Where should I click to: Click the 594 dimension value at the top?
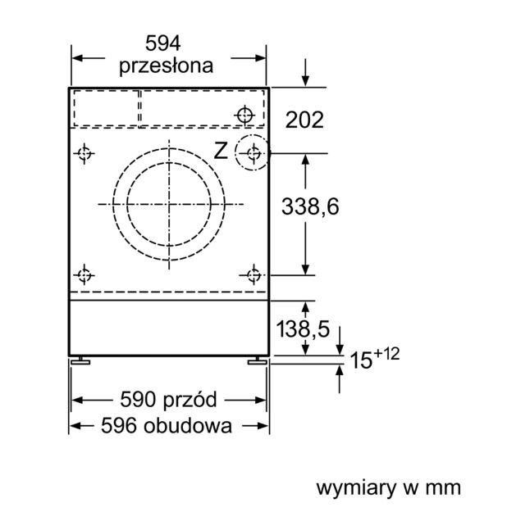(x=162, y=43)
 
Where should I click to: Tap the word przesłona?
(x=166, y=66)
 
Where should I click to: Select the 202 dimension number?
(x=304, y=120)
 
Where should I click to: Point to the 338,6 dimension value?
(x=310, y=206)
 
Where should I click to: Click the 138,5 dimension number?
(x=303, y=328)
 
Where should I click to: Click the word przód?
(x=190, y=399)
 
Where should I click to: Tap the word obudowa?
(x=188, y=425)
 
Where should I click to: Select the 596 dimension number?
(x=118, y=425)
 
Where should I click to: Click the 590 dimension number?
(x=138, y=400)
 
